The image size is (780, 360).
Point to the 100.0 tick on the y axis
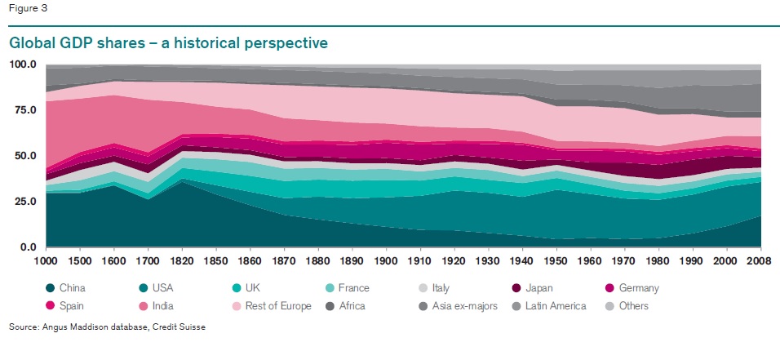click(x=23, y=64)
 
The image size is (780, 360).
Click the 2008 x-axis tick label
click(x=760, y=260)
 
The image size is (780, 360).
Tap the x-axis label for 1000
click(x=46, y=260)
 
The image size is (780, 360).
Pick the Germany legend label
click(x=640, y=288)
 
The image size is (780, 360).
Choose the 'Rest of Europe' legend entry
click(x=277, y=306)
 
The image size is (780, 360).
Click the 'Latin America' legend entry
click(x=556, y=306)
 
